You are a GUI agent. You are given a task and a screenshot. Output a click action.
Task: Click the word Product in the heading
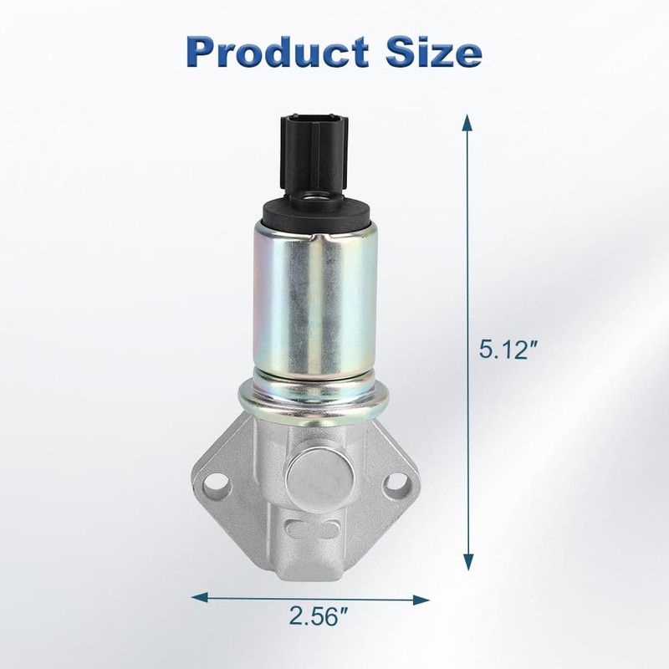tap(278, 52)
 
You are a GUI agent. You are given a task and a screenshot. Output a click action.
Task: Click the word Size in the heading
tap(434, 52)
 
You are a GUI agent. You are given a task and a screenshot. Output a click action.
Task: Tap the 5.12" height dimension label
tap(508, 349)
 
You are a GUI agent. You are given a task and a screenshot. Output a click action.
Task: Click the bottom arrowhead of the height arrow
tap(468, 562)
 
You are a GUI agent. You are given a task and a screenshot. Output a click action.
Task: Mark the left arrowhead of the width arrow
tap(199, 597)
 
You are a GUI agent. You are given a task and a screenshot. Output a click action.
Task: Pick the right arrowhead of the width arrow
tap(421, 600)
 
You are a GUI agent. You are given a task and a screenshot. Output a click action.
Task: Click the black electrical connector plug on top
tap(314, 156)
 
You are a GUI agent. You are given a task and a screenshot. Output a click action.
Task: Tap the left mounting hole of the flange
tap(214, 485)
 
